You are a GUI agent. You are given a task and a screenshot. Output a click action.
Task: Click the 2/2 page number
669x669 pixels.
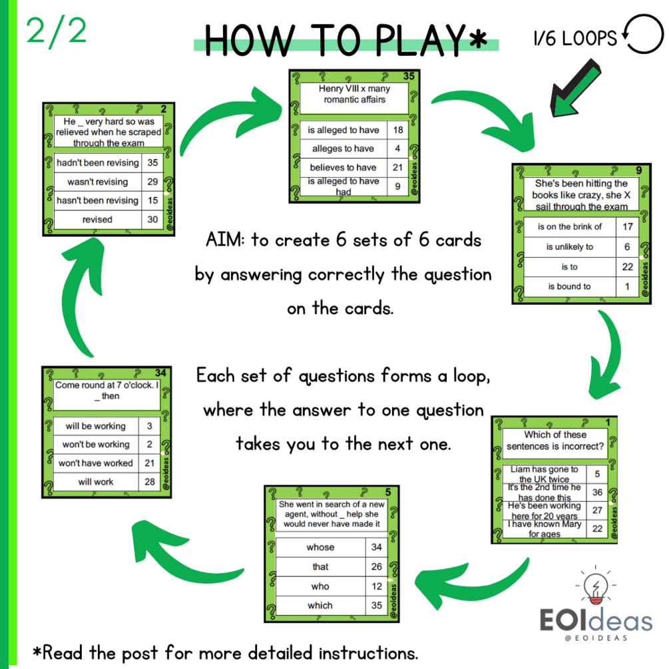click(56, 31)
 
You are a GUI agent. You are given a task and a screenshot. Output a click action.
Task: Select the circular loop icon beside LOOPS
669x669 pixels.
click(643, 34)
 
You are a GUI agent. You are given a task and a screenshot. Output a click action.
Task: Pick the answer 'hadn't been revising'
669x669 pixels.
click(98, 162)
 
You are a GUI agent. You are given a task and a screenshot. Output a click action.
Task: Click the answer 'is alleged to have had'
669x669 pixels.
click(343, 186)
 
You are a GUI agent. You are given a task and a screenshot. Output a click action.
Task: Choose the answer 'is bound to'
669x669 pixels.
click(569, 286)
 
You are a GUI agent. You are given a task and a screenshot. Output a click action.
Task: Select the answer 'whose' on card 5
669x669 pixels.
click(320, 547)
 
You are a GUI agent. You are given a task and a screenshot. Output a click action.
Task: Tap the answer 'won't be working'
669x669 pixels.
click(96, 444)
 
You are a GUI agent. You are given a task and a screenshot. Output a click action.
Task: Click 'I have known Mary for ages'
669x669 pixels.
click(545, 529)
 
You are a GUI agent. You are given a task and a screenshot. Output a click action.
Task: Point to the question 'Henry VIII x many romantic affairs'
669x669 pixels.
click(354, 94)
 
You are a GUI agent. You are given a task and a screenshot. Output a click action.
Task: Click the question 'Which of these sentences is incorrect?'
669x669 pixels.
click(555, 440)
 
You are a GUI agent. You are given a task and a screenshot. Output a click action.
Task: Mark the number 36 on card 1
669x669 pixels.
click(597, 492)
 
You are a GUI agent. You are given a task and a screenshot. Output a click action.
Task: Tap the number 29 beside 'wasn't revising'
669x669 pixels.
click(152, 181)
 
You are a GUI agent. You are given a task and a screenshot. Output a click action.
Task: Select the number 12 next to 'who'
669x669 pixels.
click(376, 586)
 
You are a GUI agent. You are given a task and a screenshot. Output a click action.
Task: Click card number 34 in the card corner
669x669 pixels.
click(160, 373)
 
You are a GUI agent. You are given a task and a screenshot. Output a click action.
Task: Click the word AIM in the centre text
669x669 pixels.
click(224, 240)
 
